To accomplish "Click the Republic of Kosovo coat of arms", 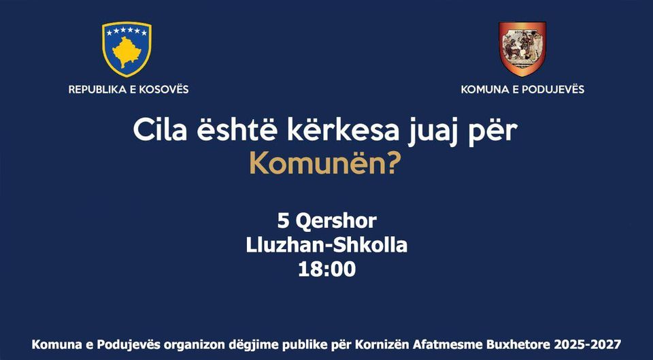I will (127, 49).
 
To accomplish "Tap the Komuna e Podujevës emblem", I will (522, 49).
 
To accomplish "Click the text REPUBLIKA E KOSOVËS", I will (129, 89).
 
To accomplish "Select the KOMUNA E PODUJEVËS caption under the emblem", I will (522, 89).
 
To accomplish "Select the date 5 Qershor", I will (326, 221).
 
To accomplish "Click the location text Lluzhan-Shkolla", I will (326, 245).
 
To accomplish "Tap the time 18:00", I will (326, 269).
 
